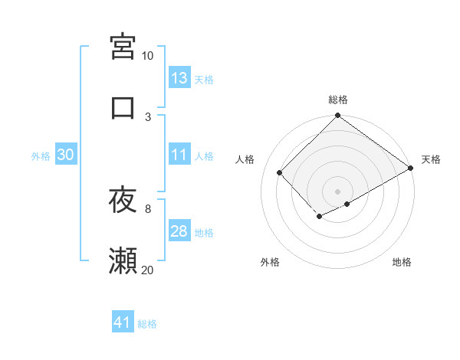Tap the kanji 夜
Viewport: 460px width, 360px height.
(x=123, y=201)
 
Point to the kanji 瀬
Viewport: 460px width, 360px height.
(x=123, y=261)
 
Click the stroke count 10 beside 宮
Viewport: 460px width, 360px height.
(x=147, y=56)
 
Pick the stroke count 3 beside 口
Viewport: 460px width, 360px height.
(x=148, y=116)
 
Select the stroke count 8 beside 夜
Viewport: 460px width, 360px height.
(x=148, y=208)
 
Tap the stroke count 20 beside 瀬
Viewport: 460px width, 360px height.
(x=147, y=269)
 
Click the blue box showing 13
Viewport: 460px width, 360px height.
(x=179, y=78)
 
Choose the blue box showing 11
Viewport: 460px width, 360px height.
(x=179, y=155)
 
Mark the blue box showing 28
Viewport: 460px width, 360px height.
(x=179, y=231)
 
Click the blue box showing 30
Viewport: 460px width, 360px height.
(x=65, y=155)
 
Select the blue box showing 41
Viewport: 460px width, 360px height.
(x=123, y=323)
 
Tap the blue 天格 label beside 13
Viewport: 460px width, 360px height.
(x=204, y=79)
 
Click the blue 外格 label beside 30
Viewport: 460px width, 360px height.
(x=41, y=155)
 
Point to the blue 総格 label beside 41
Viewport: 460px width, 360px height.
(x=147, y=324)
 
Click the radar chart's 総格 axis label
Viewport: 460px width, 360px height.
(x=337, y=100)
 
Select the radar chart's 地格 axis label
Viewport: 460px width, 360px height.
(x=402, y=263)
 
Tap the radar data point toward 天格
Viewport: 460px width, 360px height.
(x=411, y=169)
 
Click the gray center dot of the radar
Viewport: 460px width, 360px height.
(x=337, y=191)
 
